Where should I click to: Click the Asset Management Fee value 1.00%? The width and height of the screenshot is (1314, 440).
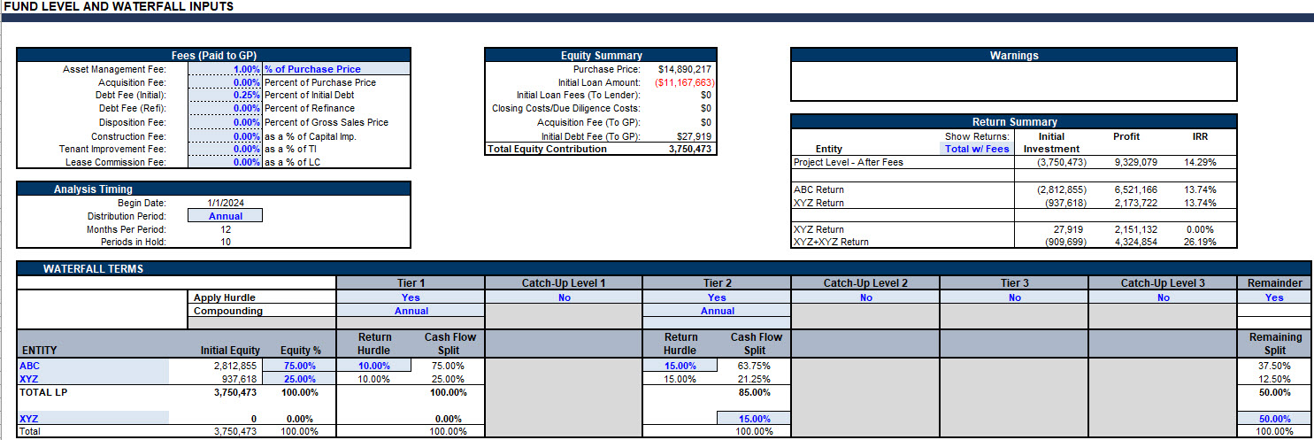(246, 69)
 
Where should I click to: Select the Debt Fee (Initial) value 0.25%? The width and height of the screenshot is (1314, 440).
(246, 95)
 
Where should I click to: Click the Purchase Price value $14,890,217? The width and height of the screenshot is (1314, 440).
(685, 69)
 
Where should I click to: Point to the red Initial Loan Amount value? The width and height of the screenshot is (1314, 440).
(685, 82)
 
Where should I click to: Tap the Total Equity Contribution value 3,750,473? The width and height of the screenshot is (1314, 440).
(690, 149)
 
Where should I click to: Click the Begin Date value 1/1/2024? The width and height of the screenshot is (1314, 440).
(226, 203)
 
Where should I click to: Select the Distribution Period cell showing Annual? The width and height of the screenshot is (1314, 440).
(226, 216)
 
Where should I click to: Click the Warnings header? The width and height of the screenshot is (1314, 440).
(1014, 56)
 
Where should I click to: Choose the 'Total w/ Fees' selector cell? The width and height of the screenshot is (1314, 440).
(977, 149)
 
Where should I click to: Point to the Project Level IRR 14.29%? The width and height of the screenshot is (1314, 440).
(1200, 163)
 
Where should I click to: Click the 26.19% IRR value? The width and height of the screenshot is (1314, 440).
(1200, 242)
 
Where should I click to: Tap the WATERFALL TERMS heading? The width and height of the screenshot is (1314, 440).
(93, 269)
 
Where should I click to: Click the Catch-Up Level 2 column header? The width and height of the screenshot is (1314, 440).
(865, 283)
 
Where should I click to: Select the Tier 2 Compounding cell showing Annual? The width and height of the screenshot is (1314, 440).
(717, 311)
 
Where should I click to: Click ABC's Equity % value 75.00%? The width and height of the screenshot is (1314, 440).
(299, 367)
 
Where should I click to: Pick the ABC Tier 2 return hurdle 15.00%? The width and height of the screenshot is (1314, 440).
(680, 367)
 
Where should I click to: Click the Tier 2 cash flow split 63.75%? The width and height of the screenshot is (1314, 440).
(754, 367)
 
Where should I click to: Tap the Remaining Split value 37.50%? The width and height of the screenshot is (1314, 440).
(1274, 367)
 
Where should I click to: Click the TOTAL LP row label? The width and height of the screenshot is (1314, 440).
(43, 392)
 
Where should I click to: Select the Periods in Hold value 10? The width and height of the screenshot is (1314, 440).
(226, 242)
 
